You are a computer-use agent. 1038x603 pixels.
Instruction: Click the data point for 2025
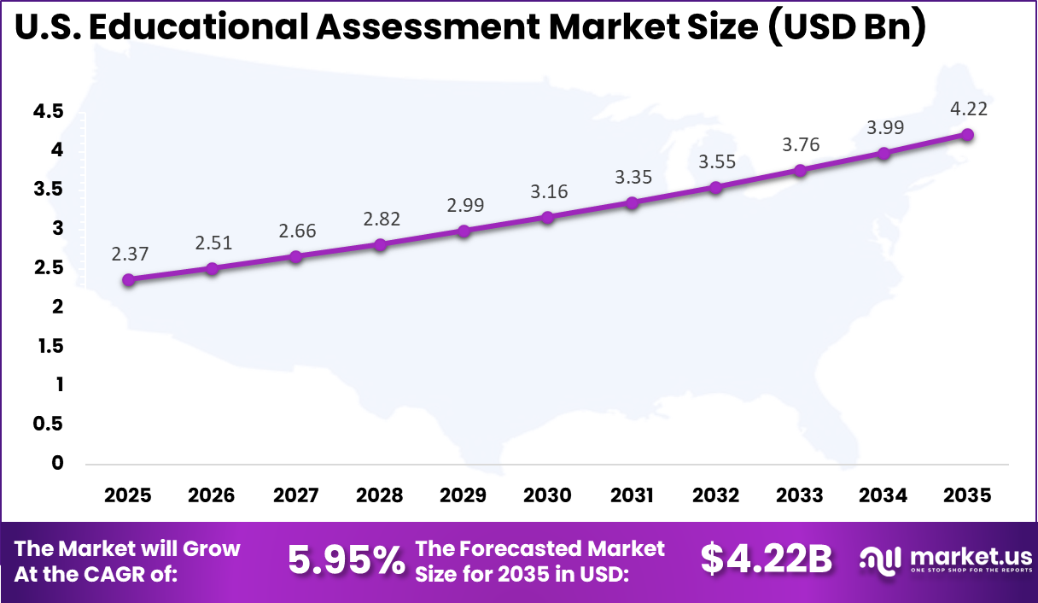pos(129,279)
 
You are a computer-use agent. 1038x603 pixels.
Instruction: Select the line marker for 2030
pos(548,217)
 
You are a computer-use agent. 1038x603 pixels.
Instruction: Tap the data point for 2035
pos(967,134)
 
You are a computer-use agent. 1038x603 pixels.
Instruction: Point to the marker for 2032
pos(715,187)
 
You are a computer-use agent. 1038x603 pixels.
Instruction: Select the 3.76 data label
pos(800,145)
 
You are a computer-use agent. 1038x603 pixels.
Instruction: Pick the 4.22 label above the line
pos(967,109)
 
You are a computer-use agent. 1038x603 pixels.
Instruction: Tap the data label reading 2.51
pos(213,243)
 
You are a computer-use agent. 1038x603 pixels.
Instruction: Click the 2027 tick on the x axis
pos(296,496)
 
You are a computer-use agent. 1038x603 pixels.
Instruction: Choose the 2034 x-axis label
pos(883,496)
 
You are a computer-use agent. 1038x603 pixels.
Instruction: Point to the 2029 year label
pos(464,496)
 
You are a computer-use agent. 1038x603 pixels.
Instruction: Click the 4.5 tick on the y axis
pos(49,111)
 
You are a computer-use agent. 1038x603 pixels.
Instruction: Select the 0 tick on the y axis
pos(57,463)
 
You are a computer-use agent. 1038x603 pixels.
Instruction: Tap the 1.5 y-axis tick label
pos(49,346)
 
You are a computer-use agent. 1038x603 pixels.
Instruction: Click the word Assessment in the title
pos(430,29)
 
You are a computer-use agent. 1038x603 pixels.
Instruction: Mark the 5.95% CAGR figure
pos(346,560)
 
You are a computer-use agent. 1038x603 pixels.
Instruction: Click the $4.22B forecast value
pos(766,560)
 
